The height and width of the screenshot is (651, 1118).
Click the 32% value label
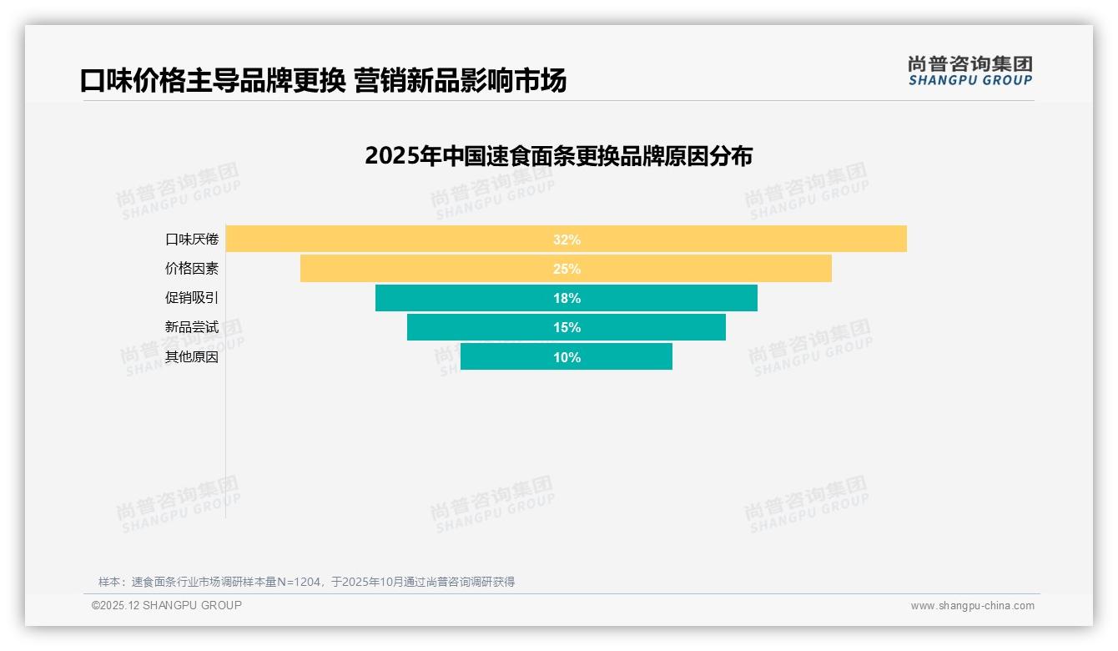(567, 240)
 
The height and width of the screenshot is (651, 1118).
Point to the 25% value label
(567, 269)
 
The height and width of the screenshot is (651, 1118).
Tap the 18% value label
(567, 298)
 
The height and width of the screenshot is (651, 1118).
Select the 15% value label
(567, 327)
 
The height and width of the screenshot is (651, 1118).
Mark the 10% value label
(567, 357)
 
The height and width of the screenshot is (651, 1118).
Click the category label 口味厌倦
(192, 240)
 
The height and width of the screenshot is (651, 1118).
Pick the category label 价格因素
(192, 269)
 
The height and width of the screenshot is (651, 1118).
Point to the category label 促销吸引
(192, 298)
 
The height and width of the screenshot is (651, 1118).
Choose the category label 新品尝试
(192, 327)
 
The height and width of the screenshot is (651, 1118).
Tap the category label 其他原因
(192, 357)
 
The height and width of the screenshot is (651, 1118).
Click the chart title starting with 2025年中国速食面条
(558, 156)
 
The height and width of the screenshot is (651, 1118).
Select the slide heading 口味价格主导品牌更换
(323, 80)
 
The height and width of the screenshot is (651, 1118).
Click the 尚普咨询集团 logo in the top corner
(969, 71)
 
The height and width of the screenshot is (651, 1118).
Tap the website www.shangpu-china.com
(972, 606)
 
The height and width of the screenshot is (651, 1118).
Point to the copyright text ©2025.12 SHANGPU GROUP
(167, 605)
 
